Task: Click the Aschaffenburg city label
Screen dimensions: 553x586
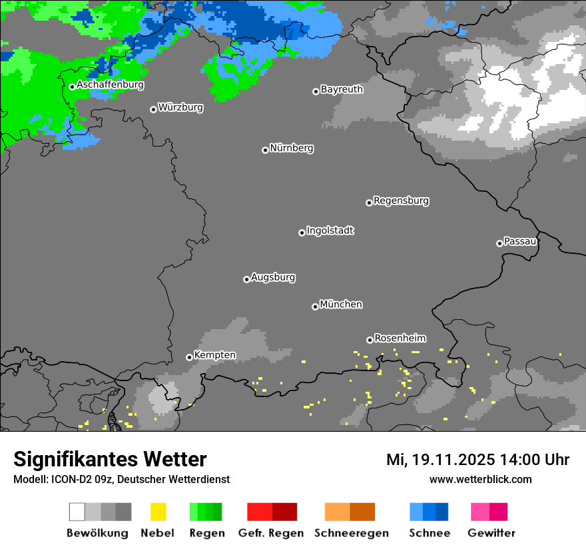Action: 110,85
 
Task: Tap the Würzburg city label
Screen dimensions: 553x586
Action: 180,107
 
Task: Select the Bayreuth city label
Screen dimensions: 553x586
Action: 342,89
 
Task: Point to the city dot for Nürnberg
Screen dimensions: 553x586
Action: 265,150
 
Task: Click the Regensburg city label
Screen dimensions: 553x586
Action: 401,201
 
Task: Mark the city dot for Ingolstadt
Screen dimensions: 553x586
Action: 302,233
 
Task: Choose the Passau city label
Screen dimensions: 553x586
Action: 520,241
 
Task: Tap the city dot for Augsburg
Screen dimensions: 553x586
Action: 246,279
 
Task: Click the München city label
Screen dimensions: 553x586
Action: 341,304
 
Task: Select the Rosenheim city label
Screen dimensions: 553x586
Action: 400,338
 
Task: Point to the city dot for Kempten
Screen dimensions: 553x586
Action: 189,357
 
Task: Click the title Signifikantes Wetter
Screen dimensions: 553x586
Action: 110,460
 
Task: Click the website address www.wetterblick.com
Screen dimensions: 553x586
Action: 480,480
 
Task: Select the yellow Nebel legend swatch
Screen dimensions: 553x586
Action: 158,512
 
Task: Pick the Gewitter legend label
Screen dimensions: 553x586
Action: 491,533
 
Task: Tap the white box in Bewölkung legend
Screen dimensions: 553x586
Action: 77,512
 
